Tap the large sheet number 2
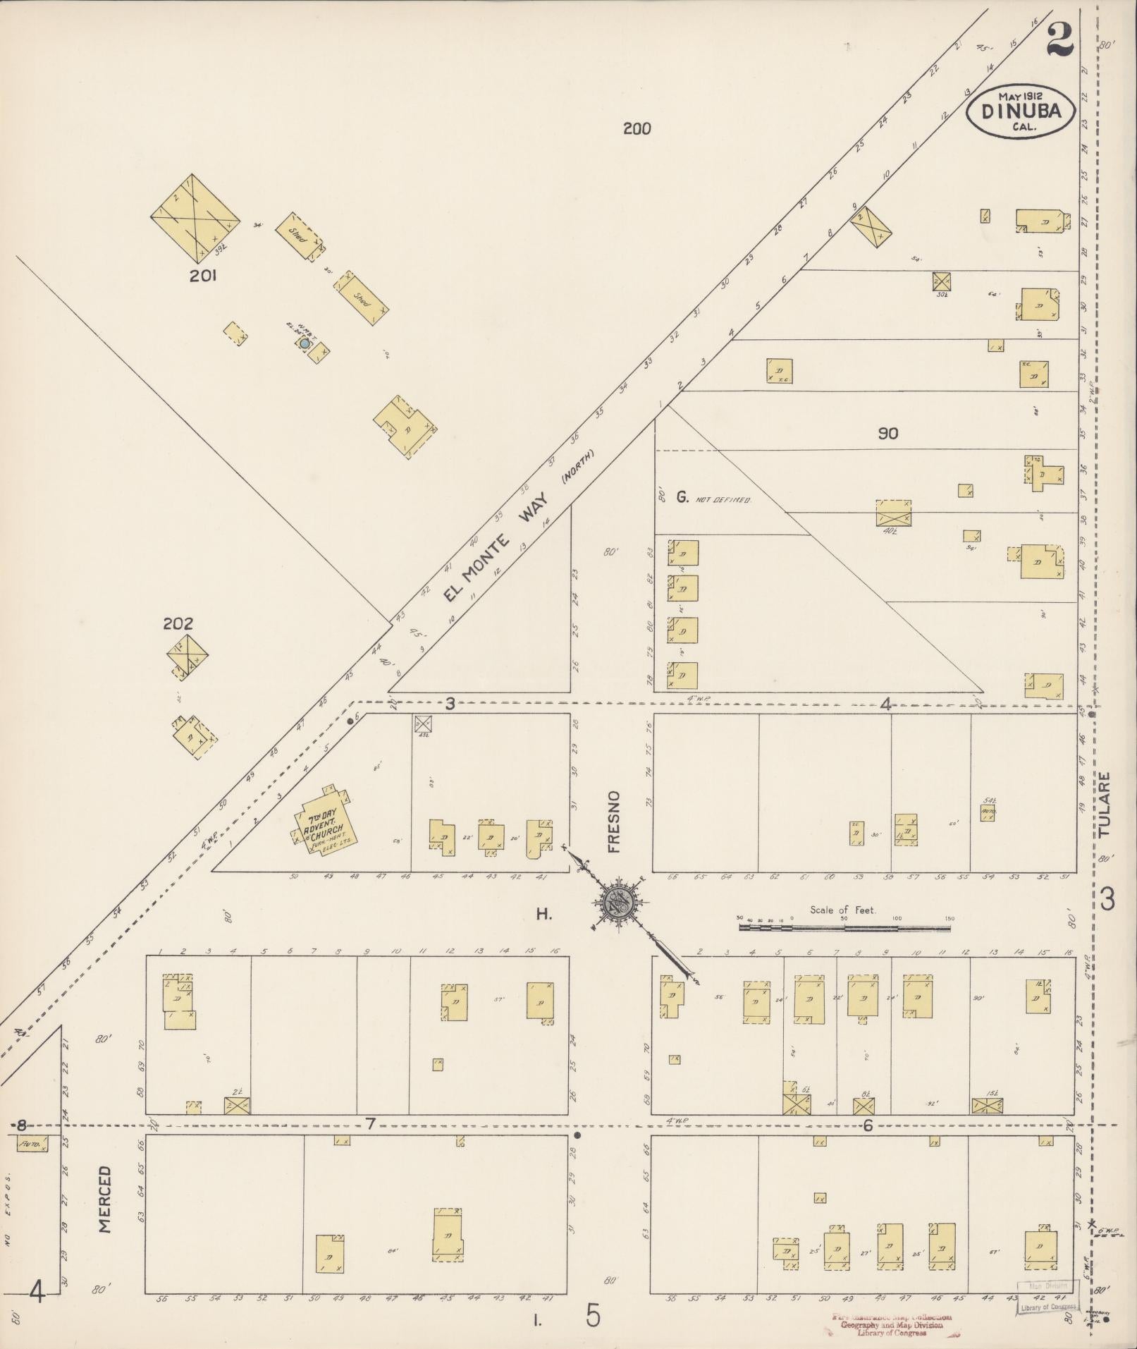click(1059, 40)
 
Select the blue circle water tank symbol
click(305, 343)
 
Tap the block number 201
click(202, 276)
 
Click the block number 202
click(178, 623)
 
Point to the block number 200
click(637, 128)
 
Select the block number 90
click(887, 434)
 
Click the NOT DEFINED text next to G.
click(723, 499)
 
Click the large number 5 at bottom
click(594, 1315)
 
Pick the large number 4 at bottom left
click(37, 1292)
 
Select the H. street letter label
click(543, 915)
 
